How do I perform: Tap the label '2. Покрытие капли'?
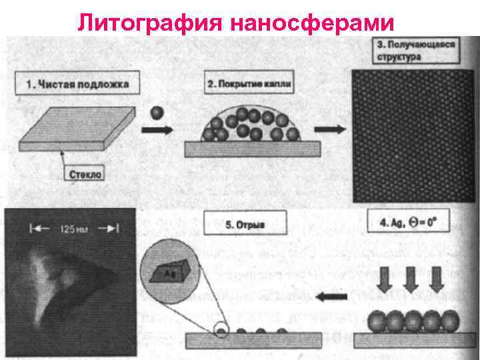(x=249, y=85)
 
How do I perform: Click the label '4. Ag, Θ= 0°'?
(x=405, y=223)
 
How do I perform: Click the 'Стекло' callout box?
(x=85, y=173)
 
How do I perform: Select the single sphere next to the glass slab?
(x=157, y=113)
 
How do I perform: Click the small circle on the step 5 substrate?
(x=221, y=330)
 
